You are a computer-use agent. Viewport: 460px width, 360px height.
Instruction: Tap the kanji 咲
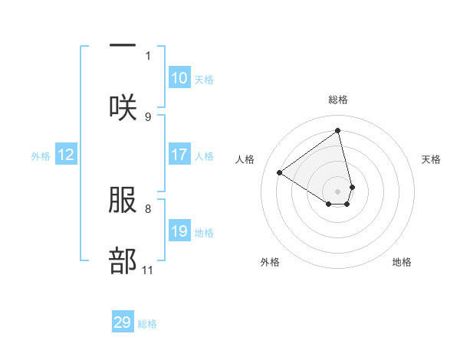pos(123,107)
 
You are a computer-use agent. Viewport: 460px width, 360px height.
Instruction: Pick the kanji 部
pos(123,261)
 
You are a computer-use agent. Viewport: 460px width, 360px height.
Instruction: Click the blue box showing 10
pos(179,78)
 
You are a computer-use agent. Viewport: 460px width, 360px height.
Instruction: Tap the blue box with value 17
pos(179,155)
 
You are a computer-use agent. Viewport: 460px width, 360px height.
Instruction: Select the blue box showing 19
pos(179,231)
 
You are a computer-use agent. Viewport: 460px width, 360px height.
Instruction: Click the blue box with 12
pos(66,155)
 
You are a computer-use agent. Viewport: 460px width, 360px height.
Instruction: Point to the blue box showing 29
pos(123,322)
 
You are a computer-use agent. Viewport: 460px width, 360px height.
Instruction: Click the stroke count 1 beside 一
pos(148,55)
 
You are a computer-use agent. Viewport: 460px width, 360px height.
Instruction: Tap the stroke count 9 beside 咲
pos(148,116)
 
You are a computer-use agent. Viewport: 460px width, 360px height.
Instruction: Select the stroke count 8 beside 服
pos(148,208)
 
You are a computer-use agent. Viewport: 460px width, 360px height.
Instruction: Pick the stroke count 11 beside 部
pos(148,270)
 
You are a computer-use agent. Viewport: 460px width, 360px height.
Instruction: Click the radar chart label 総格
pos(337,100)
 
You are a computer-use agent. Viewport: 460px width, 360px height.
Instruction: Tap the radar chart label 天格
pos(431,159)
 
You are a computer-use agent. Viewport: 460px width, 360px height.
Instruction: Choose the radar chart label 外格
pos(270,262)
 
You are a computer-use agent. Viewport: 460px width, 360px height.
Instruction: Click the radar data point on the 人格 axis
pos(280,173)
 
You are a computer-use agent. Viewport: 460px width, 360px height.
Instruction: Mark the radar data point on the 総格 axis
pos(337,131)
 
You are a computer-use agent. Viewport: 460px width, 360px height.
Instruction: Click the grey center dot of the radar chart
pos(337,191)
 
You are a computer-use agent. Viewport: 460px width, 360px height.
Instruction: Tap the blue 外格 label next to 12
pos(41,155)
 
